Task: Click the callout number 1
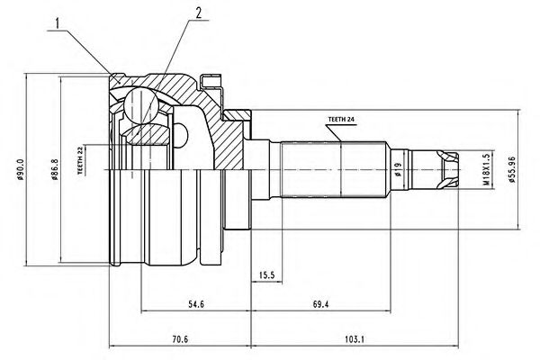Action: [x=58, y=23]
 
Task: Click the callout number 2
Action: [x=198, y=13]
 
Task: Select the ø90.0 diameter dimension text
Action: [x=20, y=169]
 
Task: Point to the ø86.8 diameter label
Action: [x=55, y=169]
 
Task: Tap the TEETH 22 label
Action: [x=81, y=160]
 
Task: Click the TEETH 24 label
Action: [x=341, y=120]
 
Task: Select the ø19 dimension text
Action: [x=399, y=169]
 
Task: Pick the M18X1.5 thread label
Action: [x=486, y=169]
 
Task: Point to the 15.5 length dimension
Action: [x=266, y=274]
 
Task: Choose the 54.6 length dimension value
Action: [x=196, y=304]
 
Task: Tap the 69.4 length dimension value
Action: [x=320, y=304]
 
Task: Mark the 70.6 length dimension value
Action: [x=180, y=339]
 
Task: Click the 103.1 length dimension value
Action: [x=355, y=339]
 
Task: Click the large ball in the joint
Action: [x=141, y=104]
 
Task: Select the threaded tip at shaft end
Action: [x=447, y=169]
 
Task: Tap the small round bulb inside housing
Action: [x=181, y=135]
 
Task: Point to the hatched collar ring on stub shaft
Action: [x=238, y=115]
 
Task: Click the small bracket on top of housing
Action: [x=211, y=82]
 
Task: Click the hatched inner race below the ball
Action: [x=148, y=134]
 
